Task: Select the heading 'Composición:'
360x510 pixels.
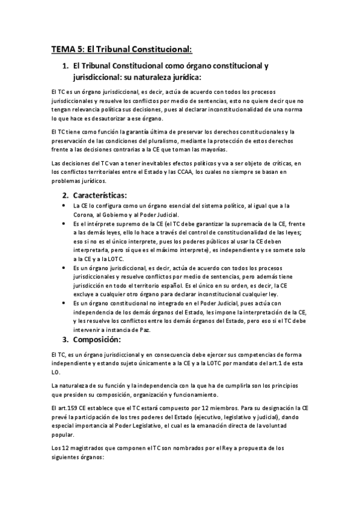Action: click(101, 340)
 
